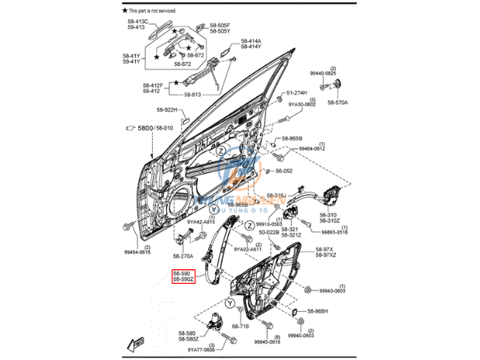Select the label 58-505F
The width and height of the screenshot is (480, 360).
219,25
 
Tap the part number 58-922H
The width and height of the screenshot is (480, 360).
167,110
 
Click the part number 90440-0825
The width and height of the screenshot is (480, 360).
323,73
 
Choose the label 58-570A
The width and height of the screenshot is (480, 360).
337,102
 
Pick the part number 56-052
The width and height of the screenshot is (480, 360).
285,170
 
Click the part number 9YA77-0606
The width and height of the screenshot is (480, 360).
201,350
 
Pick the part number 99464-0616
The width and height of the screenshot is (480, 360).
137,253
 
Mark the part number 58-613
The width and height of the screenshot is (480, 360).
192,95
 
